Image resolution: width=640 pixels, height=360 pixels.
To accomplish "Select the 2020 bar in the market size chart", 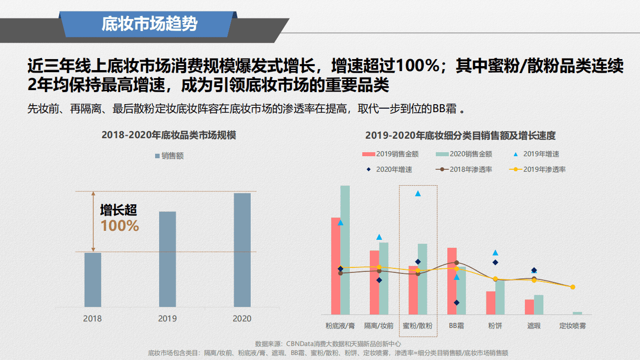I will point(242,250).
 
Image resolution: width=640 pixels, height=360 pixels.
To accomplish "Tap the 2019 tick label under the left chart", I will point(167,318).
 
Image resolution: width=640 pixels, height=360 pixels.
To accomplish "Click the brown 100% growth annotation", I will point(120,226).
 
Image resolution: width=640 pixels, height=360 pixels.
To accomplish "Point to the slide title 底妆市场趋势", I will point(149,24).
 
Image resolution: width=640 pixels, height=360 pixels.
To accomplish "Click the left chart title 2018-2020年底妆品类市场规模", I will point(169,135).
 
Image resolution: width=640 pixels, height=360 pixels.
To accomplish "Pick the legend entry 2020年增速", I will point(390,169).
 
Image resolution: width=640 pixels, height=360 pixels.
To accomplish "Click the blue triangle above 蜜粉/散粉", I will point(418,193).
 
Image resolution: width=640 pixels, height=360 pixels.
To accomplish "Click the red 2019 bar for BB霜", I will point(452,281).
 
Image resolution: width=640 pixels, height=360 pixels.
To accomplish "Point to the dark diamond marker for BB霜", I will point(456,302).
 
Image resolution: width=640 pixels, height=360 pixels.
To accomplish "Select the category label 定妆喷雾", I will point(572,325).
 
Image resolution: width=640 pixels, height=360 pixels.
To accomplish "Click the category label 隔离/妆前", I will point(379,325).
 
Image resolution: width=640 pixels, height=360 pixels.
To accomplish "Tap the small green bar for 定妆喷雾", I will point(577,313).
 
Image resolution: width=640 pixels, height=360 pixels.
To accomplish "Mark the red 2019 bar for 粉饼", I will point(490,302).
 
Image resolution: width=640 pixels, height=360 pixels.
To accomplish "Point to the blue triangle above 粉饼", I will point(495,253).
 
